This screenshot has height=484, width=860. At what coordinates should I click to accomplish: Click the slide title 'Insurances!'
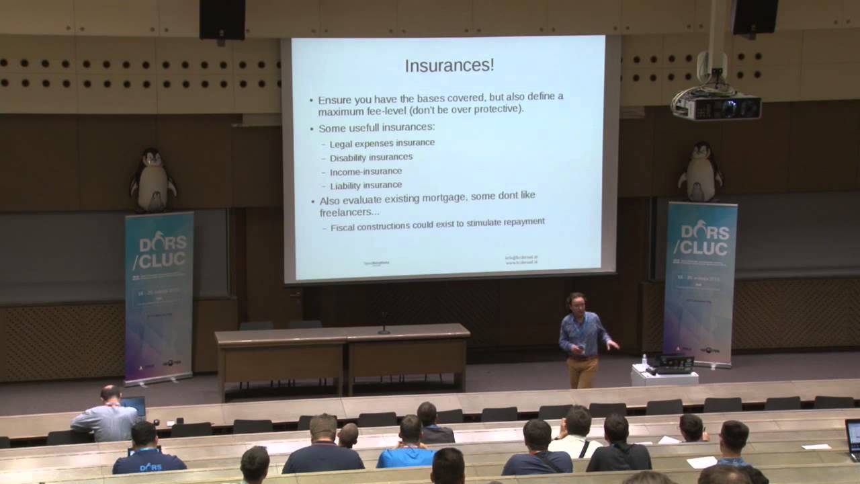click(x=449, y=65)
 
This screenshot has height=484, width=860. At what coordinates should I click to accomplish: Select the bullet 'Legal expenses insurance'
click(x=382, y=143)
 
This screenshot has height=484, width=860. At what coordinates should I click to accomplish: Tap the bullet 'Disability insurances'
click(x=371, y=157)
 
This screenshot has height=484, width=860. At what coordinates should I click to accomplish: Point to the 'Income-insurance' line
click(x=365, y=171)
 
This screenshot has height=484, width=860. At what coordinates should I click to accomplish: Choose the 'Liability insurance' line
click(x=365, y=185)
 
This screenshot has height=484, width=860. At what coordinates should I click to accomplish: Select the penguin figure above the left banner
click(x=153, y=180)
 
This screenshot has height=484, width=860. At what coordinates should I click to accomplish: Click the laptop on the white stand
click(x=674, y=364)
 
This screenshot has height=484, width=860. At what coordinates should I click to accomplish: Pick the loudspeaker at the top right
click(x=755, y=17)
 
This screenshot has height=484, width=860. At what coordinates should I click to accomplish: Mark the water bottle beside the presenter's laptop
click(x=644, y=360)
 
